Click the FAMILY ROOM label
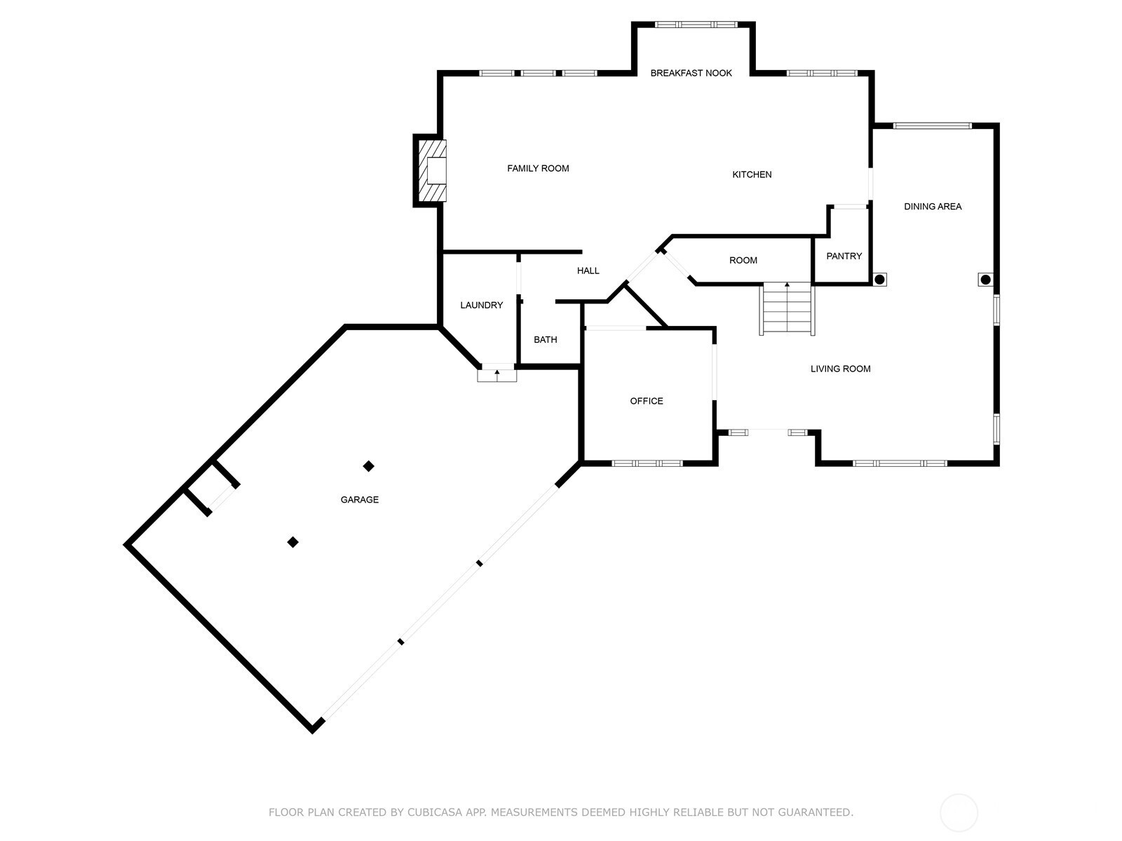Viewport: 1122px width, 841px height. pyautogui.click(x=538, y=168)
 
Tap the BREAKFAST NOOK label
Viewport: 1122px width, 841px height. pyautogui.click(x=691, y=73)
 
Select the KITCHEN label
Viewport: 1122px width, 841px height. pyautogui.click(x=752, y=175)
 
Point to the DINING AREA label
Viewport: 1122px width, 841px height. pyautogui.click(x=933, y=206)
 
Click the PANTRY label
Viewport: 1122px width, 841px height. pyautogui.click(x=844, y=256)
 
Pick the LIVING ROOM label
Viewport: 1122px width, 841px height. pyautogui.click(x=840, y=369)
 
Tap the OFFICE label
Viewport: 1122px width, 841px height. pyautogui.click(x=647, y=401)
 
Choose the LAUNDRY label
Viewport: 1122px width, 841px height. pyautogui.click(x=482, y=305)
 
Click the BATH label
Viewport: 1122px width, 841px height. pyautogui.click(x=546, y=340)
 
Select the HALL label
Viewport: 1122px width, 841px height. pyautogui.click(x=588, y=271)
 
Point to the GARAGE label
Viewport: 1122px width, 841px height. pyautogui.click(x=359, y=500)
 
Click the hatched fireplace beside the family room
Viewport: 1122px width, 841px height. pyautogui.click(x=432, y=170)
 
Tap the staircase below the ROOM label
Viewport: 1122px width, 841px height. pyautogui.click(x=788, y=308)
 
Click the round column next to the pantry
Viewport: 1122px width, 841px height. pyautogui.click(x=879, y=280)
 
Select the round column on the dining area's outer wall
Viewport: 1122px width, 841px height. pyautogui.click(x=985, y=280)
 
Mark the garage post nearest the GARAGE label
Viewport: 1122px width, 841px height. pyautogui.click(x=369, y=465)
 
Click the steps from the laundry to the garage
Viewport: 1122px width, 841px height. pyautogui.click(x=497, y=376)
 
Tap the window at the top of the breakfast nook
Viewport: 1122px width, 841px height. pyautogui.click(x=696, y=24)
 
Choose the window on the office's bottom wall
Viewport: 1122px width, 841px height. pyautogui.click(x=647, y=463)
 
